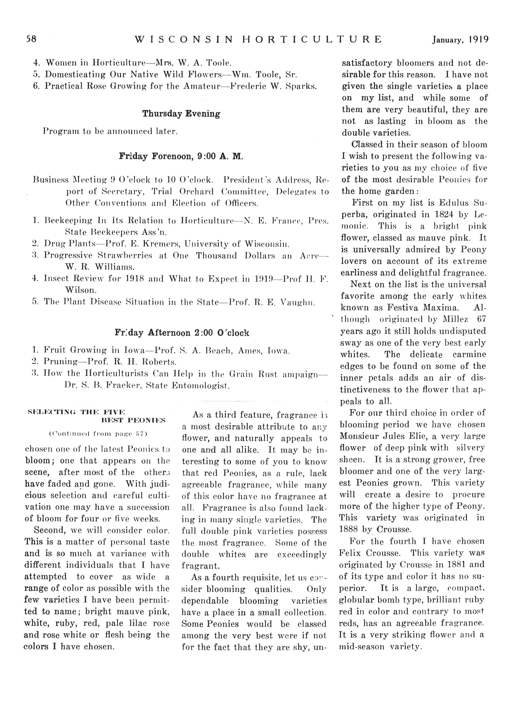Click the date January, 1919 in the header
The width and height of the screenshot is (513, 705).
[460, 39]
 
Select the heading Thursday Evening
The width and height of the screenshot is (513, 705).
[181, 114]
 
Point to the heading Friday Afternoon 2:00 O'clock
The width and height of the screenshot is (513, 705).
[182, 333]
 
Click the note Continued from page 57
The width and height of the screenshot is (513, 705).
[98, 434]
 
